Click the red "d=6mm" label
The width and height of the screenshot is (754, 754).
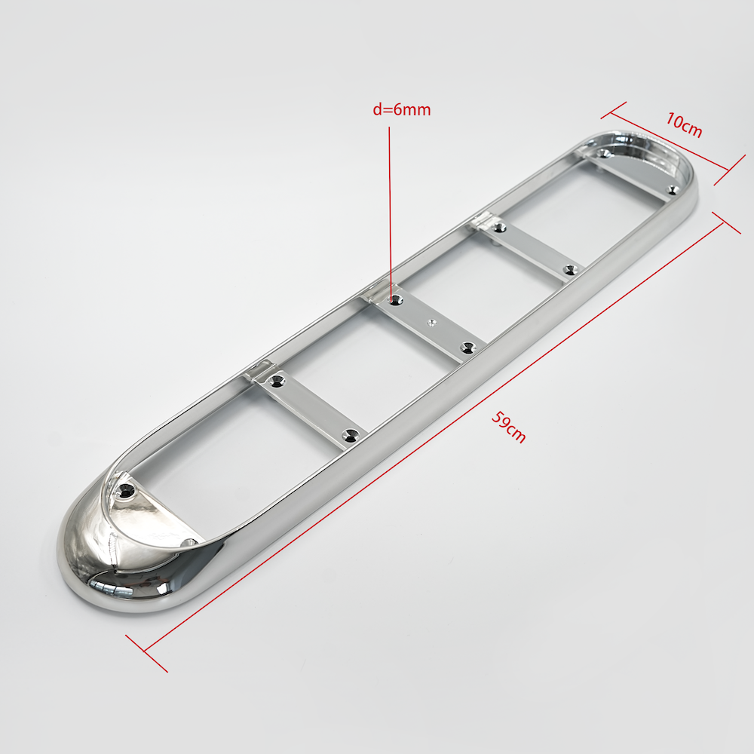[402, 109]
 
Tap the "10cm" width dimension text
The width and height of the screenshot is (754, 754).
[684, 124]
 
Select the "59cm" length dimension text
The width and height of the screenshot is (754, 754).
[509, 427]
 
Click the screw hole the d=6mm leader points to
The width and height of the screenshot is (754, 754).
[396, 301]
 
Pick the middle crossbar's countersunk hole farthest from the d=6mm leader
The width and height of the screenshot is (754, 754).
[467, 347]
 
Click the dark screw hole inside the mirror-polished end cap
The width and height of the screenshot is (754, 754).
[127, 491]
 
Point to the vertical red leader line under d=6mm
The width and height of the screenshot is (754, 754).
[390, 212]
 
